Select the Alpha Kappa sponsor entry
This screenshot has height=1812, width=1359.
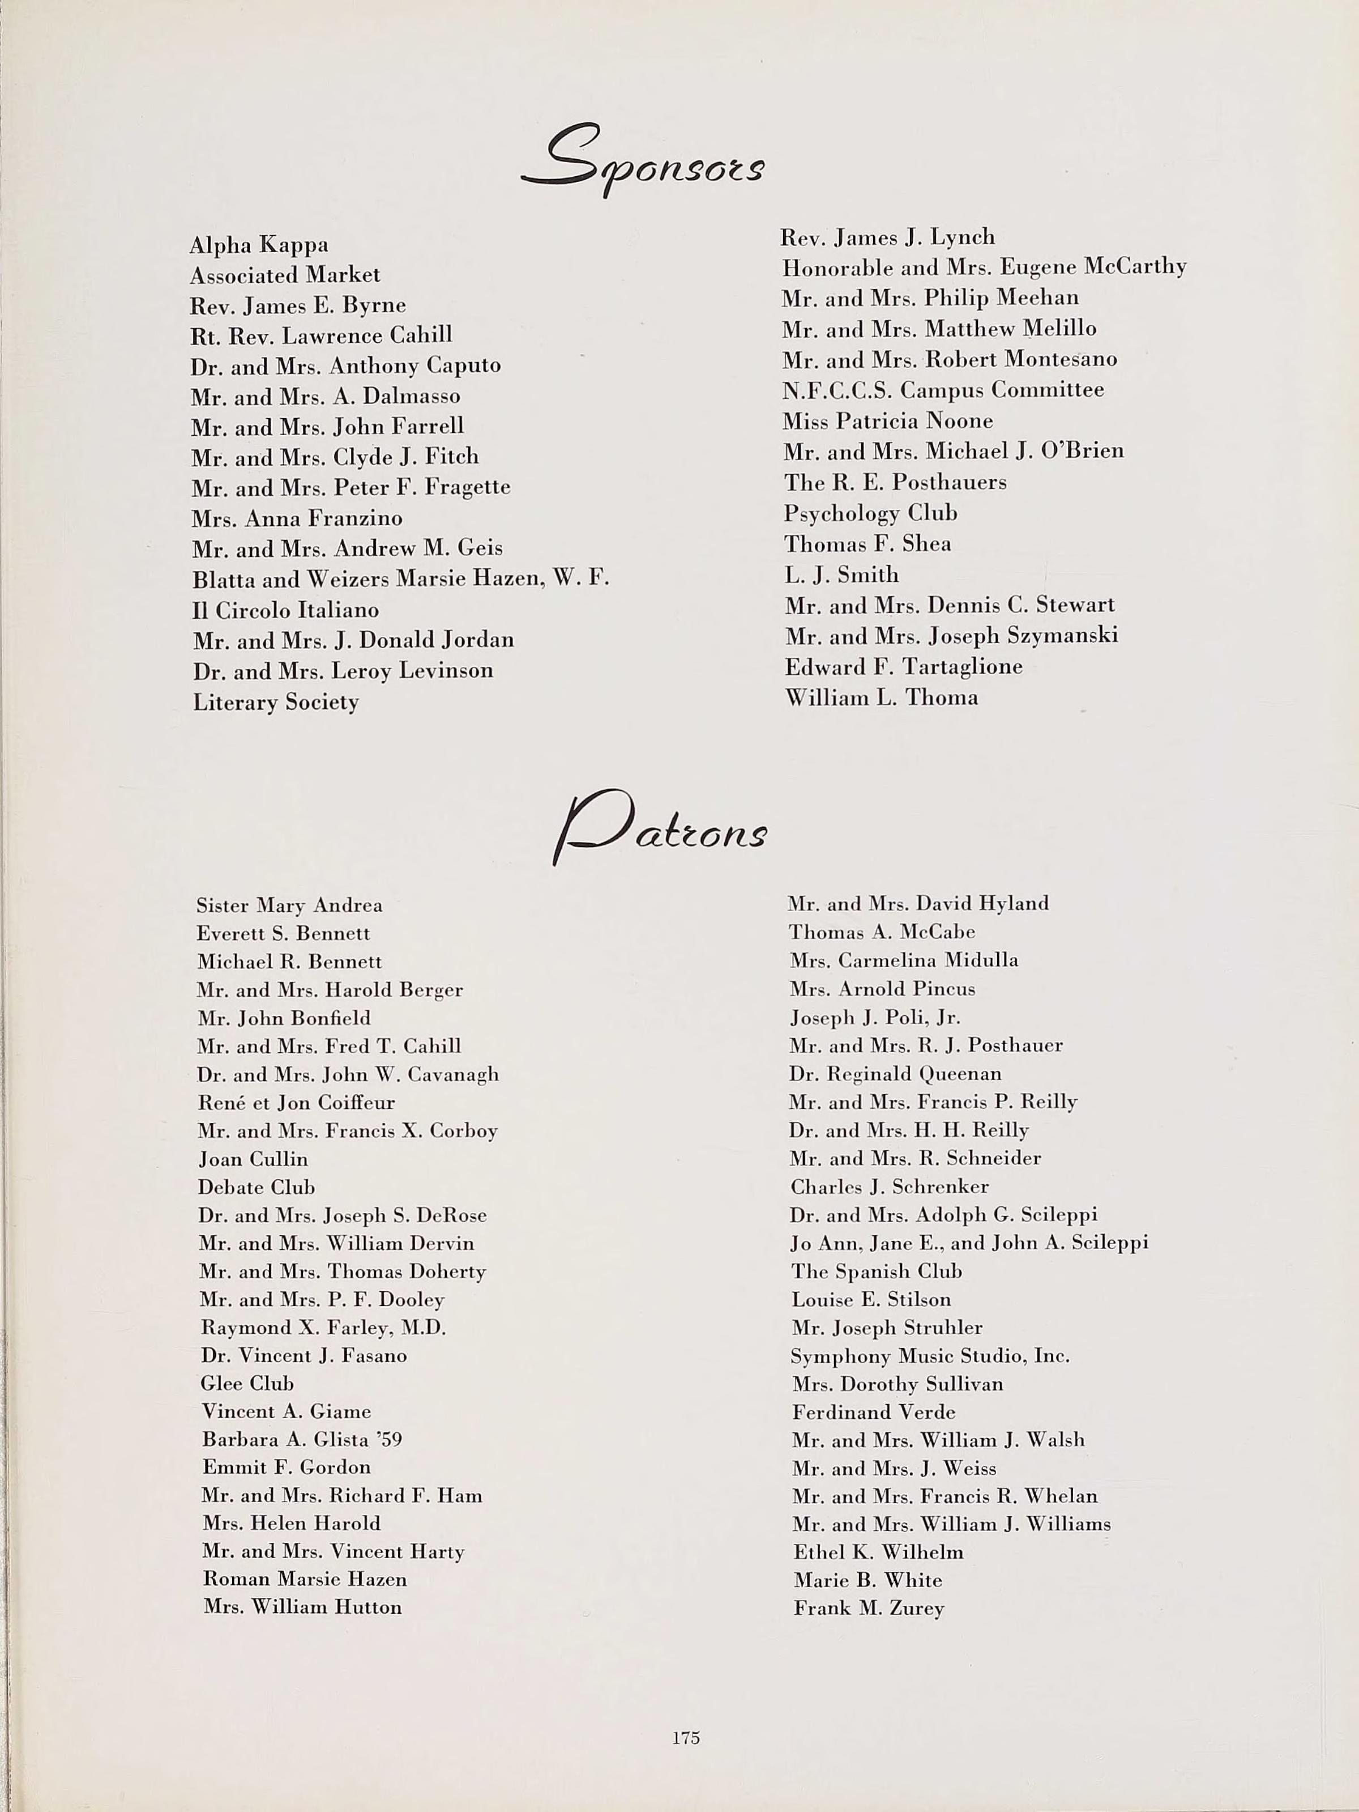(259, 245)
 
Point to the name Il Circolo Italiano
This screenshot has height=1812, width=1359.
(286, 610)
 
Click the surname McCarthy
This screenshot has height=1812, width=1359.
(1135, 267)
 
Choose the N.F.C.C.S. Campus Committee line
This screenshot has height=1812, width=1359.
(942, 390)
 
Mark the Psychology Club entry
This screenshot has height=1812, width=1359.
(870, 513)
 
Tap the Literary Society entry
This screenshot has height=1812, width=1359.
(275, 703)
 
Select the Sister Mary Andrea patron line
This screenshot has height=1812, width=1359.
(289, 905)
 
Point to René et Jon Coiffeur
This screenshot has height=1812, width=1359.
(296, 1103)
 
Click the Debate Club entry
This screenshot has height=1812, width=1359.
(257, 1187)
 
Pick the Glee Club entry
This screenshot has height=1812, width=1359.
(246, 1383)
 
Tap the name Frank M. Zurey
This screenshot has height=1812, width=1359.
(869, 1608)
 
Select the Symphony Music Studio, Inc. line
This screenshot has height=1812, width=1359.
(930, 1356)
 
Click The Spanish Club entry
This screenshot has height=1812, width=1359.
(876, 1271)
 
